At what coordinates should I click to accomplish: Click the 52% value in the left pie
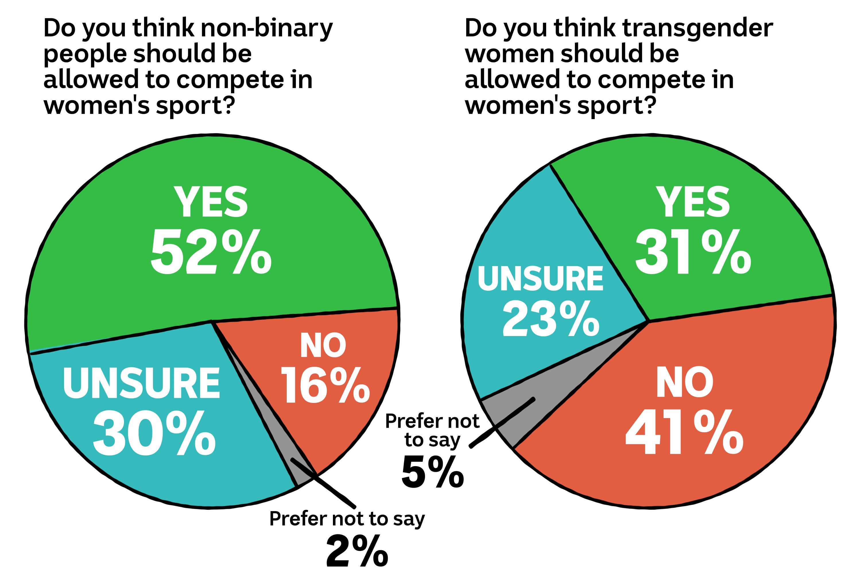point(211,252)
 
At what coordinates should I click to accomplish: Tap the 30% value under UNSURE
point(154,433)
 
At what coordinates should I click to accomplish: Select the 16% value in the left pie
point(325,385)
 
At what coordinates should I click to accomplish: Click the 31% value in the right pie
point(693,252)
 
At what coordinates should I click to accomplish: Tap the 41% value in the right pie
point(684,432)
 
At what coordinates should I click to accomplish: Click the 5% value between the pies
point(433,472)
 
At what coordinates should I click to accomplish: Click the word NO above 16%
point(323,346)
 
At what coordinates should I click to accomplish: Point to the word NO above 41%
point(684,383)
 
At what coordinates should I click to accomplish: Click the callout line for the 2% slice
point(329,487)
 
